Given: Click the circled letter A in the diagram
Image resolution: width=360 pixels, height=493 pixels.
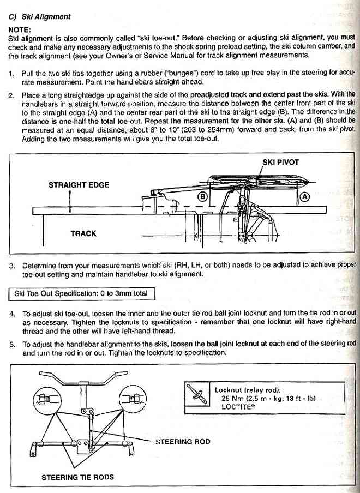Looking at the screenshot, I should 305,196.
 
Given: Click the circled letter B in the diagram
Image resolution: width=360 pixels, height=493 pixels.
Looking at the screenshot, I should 203,196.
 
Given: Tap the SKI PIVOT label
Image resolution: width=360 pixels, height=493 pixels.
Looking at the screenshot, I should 280,163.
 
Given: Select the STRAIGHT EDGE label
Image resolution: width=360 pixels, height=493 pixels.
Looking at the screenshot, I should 79,185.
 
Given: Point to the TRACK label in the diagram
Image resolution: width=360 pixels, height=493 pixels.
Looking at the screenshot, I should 83,233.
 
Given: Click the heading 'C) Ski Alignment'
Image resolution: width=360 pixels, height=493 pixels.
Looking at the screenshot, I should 40,17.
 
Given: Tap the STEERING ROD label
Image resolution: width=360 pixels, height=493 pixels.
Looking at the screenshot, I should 183,441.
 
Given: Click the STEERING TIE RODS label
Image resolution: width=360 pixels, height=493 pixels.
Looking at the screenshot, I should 78,477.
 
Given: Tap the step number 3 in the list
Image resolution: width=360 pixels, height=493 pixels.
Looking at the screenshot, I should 12,266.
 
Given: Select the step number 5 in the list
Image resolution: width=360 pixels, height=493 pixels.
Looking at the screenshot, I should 12,344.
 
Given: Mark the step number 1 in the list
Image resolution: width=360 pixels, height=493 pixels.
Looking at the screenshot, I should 12,73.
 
